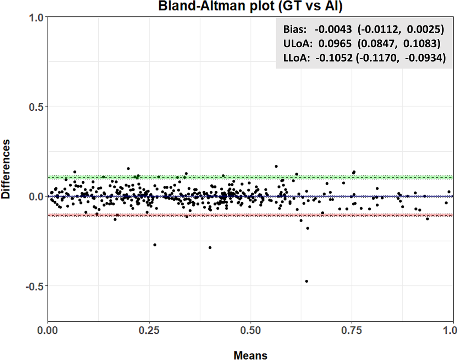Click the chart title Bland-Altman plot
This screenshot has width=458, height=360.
coord(250,6)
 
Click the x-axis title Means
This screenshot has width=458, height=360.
coord(250,355)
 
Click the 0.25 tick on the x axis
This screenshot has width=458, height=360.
coord(149,331)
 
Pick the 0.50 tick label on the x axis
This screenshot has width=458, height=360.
coord(250,331)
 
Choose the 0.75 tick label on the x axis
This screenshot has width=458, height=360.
coord(352,331)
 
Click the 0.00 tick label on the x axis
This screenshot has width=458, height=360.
coord(48,331)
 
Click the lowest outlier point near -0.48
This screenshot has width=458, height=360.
coord(307,281)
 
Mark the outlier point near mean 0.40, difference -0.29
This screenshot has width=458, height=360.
coord(210,247)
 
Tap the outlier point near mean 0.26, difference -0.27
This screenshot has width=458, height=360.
coord(155,245)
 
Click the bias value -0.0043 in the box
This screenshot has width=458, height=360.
coord(333,29)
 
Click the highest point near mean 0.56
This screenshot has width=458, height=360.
coord(276,166)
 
